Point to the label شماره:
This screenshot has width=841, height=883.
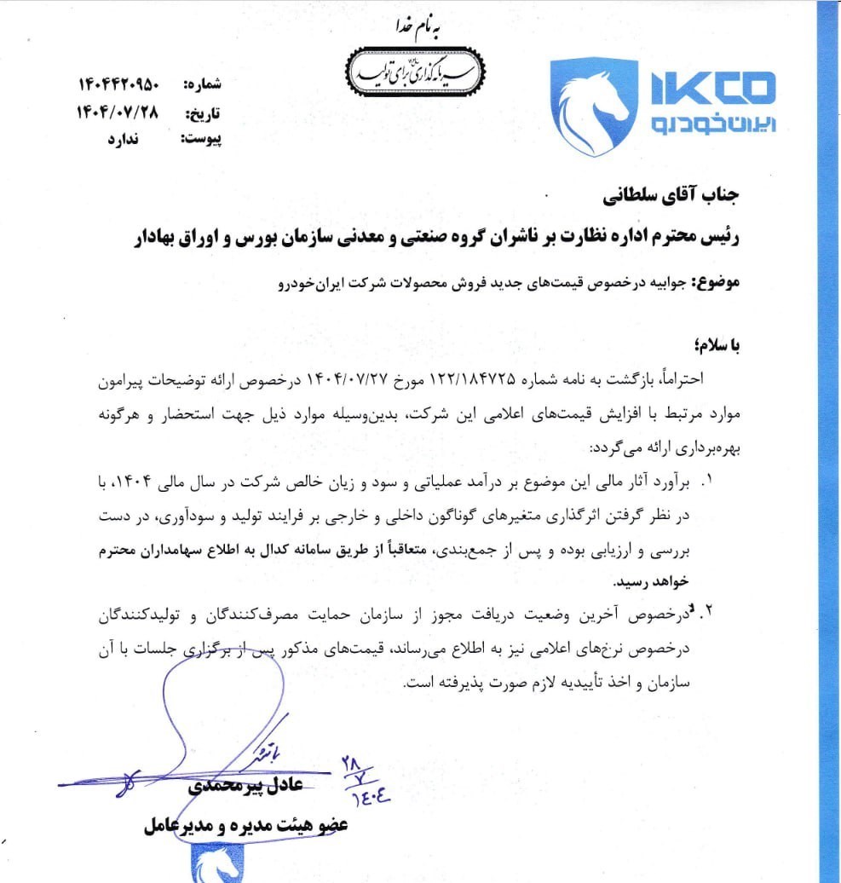[x=203, y=84]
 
